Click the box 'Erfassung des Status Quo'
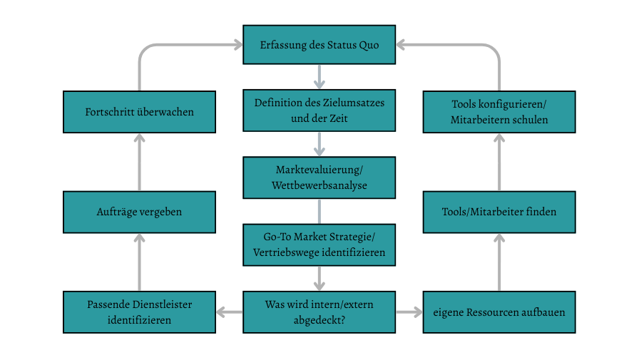click(x=319, y=45)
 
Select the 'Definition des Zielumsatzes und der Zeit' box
click(x=319, y=110)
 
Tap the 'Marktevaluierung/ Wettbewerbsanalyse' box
click(x=319, y=178)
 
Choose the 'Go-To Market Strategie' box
click(x=319, y=245)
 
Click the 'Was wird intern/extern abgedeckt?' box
click(x=319, y=312)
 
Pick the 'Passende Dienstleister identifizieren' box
click(x=140, y=312)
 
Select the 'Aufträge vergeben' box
click(x=140, y=212)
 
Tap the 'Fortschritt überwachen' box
click(x=140, y=112)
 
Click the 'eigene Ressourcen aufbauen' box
click(x=499, y=312)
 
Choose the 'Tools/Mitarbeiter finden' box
click(x=499, y=212)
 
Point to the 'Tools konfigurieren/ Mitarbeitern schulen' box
click(x=499, y=112)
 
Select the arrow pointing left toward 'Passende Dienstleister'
click(x=229, y=312)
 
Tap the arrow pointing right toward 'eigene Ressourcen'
click(x=409, y=312)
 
